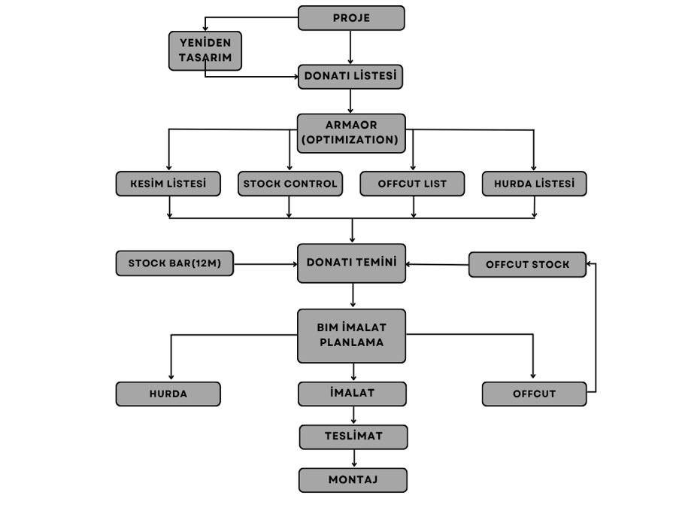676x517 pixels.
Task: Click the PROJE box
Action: tap(351, 18)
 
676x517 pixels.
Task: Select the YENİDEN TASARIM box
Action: tap(205, 50)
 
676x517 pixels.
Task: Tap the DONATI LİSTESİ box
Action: tap(350, 77)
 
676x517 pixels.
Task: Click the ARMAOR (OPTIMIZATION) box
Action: tap(351, 133)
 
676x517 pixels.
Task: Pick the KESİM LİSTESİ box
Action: tap(168, 184)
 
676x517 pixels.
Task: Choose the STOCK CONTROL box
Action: tap(290, 184)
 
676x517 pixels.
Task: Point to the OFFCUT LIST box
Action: tap(412, 184)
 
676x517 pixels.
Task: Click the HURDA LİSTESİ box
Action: tap(534, 184)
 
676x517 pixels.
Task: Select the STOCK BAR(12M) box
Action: tap(174, 263)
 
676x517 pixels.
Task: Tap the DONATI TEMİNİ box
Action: tap(351, 263)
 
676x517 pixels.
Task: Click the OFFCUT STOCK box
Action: tap(527, 265)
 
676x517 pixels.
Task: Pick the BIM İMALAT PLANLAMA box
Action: tap(351, 336)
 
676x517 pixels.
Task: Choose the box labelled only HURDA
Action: tap(168, 394)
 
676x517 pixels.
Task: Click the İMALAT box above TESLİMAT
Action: tap(352, 394)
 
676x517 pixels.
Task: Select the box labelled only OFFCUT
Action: tap(534, 394)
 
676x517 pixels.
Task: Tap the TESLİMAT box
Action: tap(353, 437)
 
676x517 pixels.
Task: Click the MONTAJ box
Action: tap(353, 480)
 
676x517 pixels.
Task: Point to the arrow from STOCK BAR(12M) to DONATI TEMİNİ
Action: tap(265, 264)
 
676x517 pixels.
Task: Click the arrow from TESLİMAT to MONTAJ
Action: tap(354, 458)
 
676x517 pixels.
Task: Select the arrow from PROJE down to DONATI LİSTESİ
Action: tap(350, 47)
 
